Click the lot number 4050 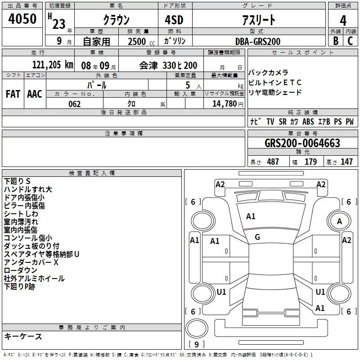(x=22, y=19)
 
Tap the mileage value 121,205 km (x=53, y=65)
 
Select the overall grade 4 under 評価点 (x=343, y=20)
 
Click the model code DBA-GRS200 (x=258, y=41)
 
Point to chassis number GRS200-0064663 (x=302, y=143)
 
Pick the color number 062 (x=75, y=104)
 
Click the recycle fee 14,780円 (x=228, y=104)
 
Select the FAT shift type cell (x=13, y=94)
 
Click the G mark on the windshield (x=257, y=237)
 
